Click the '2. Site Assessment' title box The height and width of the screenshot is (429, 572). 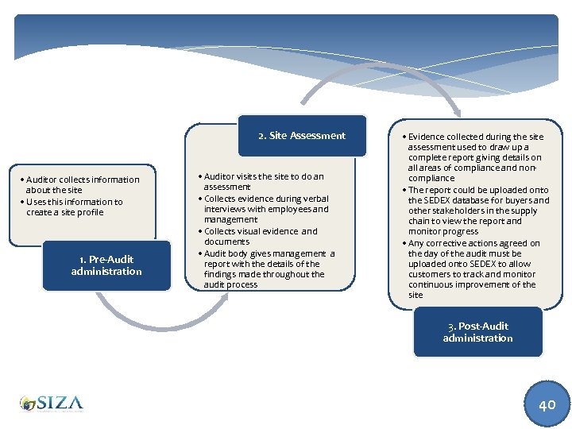click(302, 136)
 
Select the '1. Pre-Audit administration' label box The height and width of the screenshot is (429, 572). click(106, 265)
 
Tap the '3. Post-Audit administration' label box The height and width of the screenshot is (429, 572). click(477, 332)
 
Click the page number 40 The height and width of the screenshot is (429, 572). click(547, 404)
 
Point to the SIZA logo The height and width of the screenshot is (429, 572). click(52, 404)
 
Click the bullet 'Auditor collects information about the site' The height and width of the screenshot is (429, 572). click(81, 185)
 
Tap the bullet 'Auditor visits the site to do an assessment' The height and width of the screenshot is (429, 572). click(263, 181)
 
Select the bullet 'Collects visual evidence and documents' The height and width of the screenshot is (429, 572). click(261, 236)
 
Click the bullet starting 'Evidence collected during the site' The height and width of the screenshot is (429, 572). click(475, 157)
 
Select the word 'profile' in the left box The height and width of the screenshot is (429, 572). click(90, 213)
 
